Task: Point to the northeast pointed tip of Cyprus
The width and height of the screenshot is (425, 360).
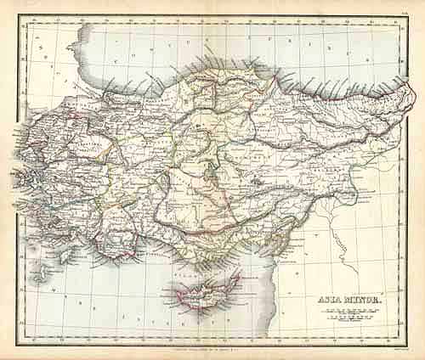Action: coord(241,274)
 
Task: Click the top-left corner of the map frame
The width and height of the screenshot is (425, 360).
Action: coord(19,19)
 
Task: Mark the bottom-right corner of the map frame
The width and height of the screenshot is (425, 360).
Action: coord(409,344)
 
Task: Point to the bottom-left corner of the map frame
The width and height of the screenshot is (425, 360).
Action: coord(19,344)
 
